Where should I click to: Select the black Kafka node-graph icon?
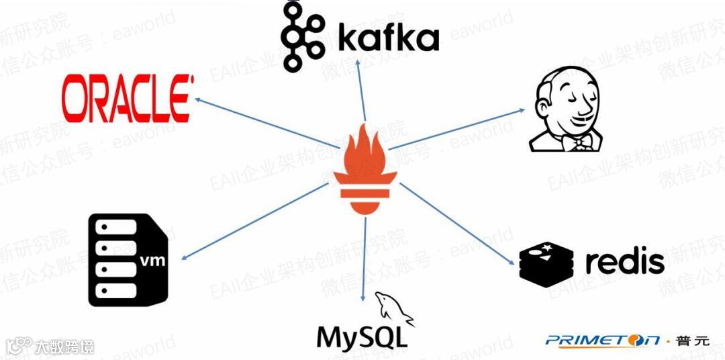(x=299, y=37)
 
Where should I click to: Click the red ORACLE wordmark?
(x=127, y=99)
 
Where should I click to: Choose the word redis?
(x=624, y=261)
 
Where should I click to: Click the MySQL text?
(x=361, y=336)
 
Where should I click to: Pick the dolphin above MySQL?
(x=393, y=307)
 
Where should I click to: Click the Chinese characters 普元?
(x=692, y=341)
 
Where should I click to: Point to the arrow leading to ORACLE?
(x=269, y=122)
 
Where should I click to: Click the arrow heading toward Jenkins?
(x=456, y=128)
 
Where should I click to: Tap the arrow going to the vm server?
(x=255, y=222)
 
